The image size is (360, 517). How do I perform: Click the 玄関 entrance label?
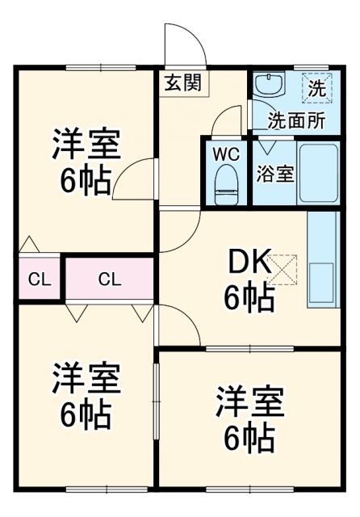pyautogui.click(x=184, y=82)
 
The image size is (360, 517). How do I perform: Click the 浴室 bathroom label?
pyautogui.click(x=275, y=174)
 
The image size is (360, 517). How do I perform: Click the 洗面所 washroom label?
pyautogui.click(x=296, y=120)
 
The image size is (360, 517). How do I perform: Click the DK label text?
pyautogui.click(x=247, y=263)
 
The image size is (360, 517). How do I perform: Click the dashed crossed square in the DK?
pyautogui.click(x=283, y=270)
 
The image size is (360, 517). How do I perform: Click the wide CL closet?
pyautogui.click(x=110, y=280)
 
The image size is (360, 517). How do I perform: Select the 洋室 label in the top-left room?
pyautogui.click(x=86, y=145)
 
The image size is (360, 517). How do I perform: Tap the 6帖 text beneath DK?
pyautogui.click(x=249, y=299)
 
